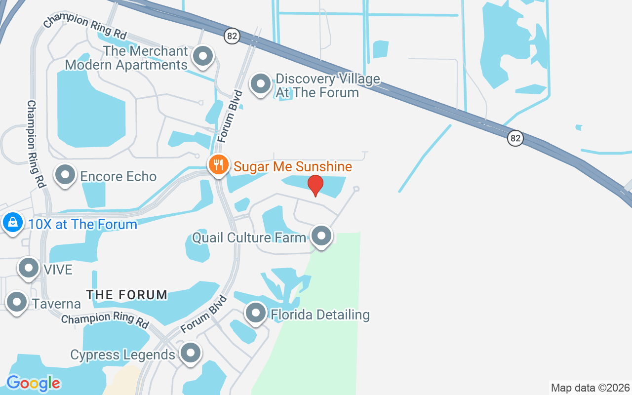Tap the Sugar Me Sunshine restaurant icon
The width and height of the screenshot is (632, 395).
pyautogui.click(x=218, y=164)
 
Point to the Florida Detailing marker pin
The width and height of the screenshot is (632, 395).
pyautogui.click(x=256, y=312)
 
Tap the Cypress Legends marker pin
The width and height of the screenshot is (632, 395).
pyautogui.click(x=190, y=353)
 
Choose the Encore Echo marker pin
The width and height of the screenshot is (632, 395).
pyautogui.click(x=65, y=174)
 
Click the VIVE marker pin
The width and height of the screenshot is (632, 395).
pyautogui.click(x=28, y=268)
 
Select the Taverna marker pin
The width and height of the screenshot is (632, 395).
pyautogui.click(x=17, y=301)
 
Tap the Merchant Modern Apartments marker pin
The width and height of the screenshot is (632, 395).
pyautogui.click(x=202, y=56)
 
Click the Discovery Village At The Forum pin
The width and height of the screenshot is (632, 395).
pyautogui.click(x=261, y=84)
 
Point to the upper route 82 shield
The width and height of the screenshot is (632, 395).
pyautogui.click(x=231, y=36)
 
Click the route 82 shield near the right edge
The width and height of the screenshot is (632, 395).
pyautogui.click(x=515, y=138)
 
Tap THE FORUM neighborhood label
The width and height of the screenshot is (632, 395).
pyautogui.click(x=127, y=295)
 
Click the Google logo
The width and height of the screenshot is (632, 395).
pyautogui.click(x=33, y=383)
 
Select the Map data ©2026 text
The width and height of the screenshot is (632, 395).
pyautogui.click(x=590, y=388)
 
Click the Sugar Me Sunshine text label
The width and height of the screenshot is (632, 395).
pyautogui.click(x=293, y=166)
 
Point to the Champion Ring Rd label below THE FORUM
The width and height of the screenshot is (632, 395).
pyautogui.click(x=105, y=318)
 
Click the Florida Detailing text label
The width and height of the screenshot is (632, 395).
pyautogui.click(x=320, y=315)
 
